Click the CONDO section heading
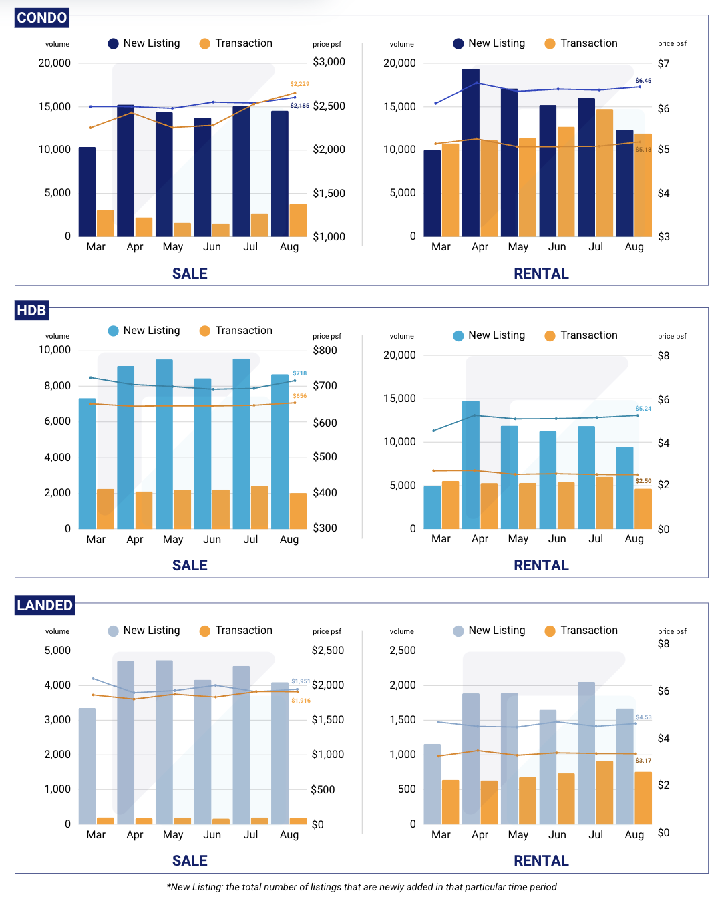pos(41,18)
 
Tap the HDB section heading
pos(31,311)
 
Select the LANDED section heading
pos(45,606)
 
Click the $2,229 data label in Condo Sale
pos(299,84)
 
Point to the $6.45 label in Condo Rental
pos(643,81)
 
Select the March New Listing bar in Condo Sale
pos(87,192)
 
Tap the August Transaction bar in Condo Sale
pos(298,220)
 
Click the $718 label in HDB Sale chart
pos(299,373)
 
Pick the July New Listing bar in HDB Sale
pos(241,443)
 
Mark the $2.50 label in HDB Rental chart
pos(643,481)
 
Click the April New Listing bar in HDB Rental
pos(470,465)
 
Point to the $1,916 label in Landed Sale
pos(301,701)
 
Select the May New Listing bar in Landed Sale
pos(164,742)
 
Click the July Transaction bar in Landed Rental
pos(604,792)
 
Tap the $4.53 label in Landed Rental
pos(643,717)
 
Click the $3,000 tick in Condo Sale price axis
pos(329,62)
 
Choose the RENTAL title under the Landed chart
pos(541,861)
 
